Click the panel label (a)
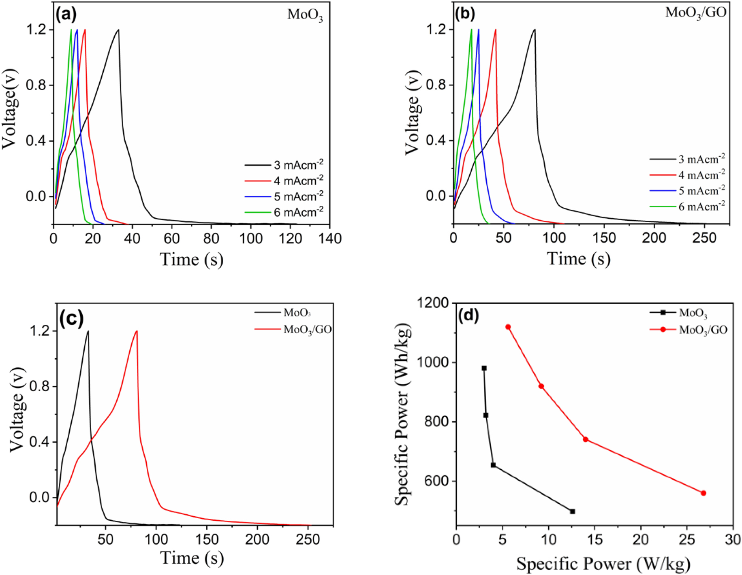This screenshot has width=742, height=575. [x=66, y=15]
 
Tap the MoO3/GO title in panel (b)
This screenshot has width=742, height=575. [x=695, y=13]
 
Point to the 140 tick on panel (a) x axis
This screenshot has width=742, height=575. [x=329, y=239]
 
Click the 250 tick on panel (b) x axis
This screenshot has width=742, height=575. [x=704, y=238]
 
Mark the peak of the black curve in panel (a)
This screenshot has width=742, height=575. [x=118, y=30]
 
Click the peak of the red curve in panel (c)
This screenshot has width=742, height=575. [x=137, y=331]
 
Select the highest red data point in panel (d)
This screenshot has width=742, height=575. [x=508, y=327]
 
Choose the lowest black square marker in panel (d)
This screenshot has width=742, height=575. [x=572, y=511]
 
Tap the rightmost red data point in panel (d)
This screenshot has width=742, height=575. [x=704, y=493]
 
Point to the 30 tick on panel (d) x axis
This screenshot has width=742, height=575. [x=733, y=540]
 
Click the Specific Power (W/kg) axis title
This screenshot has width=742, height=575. [x=603, y=564]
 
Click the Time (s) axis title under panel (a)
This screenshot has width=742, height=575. [x=192, y=260]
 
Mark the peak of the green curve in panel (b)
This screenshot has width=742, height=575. [x=471, y=29]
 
